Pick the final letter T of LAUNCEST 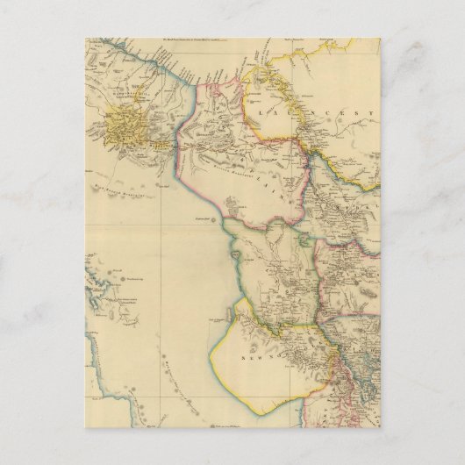(x=371, y=114)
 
